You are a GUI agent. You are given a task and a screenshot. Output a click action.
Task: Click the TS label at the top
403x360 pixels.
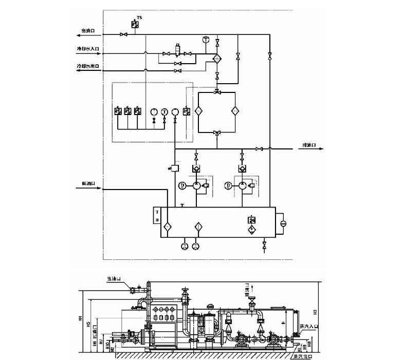click(139, 18)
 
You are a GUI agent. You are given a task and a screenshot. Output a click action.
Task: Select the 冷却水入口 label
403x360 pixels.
click(88, 50)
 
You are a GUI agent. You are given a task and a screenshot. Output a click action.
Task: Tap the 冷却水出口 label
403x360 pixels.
click(88, 66)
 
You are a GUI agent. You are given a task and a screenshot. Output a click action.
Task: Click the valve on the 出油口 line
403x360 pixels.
click(123, 34)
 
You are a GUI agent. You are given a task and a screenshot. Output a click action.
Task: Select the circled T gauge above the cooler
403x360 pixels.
click(206, 40)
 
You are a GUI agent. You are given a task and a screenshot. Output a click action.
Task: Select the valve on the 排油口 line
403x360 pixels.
click(260, 149)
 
